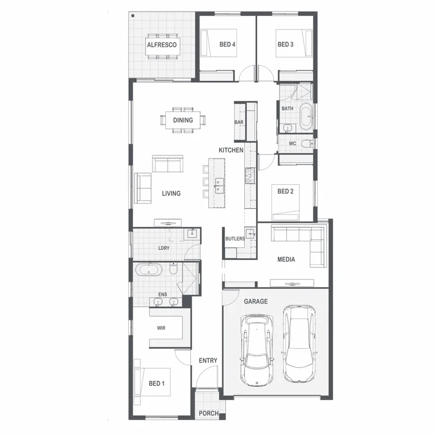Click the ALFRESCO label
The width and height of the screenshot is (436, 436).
coord(161,45)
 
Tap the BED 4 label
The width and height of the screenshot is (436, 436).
coord(227,44)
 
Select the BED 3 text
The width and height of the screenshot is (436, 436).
coord(285,44)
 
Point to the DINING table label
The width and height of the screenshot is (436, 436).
coord(183,120)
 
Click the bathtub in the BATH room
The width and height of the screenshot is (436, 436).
coord(306,116)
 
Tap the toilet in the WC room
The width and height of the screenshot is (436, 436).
coord(307,144)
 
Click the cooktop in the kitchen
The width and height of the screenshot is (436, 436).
coord(250,175)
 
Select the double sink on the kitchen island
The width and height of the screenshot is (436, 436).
coord(219,186)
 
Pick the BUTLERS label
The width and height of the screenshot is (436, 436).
coord(235,239)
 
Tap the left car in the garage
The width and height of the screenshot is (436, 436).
coord(257,350)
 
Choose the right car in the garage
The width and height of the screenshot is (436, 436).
coord(299,344)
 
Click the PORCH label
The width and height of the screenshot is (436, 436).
coord(209,413)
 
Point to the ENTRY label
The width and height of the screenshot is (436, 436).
coord(208,360)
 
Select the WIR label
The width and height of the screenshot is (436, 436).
coord(161,328)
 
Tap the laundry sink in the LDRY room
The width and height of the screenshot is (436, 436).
coord(192,234)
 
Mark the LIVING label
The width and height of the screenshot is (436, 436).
coord(171,193)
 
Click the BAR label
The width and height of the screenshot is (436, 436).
coord(239,122)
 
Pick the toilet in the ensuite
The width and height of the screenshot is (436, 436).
coord(173,269)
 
